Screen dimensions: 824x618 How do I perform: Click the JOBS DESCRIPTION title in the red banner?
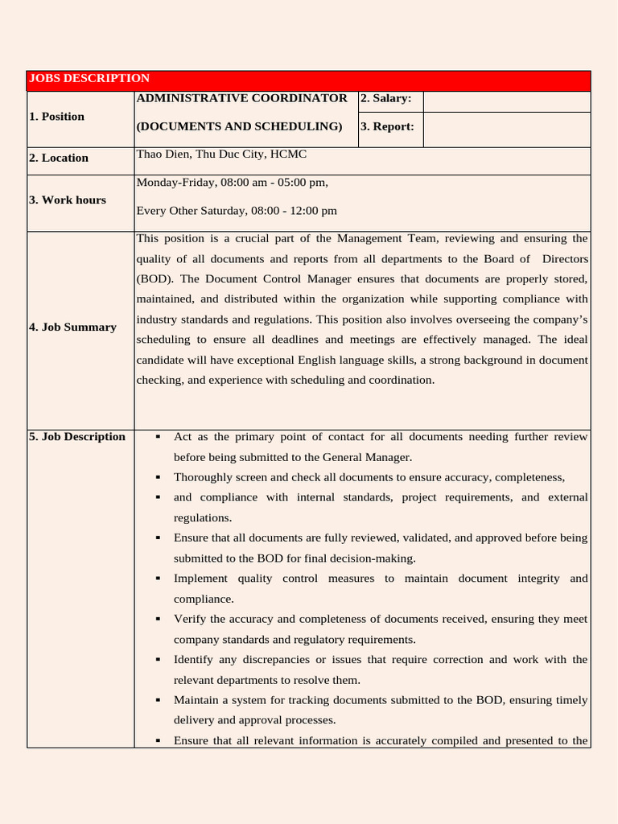(x=89, y=78)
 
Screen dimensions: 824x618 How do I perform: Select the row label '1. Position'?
(x=56, y=117)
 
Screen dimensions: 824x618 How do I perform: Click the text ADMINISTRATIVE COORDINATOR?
(x=241, y=98)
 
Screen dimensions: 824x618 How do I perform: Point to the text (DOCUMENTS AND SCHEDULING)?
(x=239, y=126)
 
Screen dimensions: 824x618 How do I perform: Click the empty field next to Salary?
(x=506, y=101)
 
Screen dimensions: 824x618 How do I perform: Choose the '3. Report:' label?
(x=387, y=126)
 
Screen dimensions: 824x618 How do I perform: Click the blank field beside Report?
(x=506, y=130)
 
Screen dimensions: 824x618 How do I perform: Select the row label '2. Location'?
(x=59, y=159)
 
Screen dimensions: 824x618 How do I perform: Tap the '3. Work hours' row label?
(x=68, y=200)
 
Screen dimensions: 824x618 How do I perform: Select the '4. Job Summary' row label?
(x=72, y=328)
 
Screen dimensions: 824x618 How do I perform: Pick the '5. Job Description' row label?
(x=77, y=437)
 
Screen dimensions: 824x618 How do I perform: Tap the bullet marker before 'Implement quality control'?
(x=158, y=579)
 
